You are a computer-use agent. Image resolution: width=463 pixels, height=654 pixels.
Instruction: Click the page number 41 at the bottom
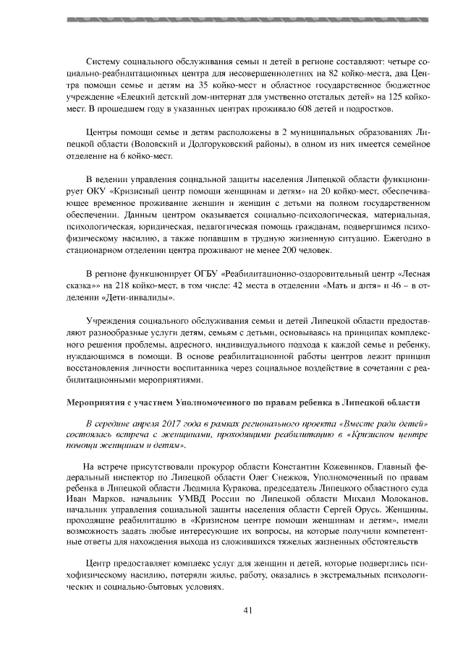pos(247,611)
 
